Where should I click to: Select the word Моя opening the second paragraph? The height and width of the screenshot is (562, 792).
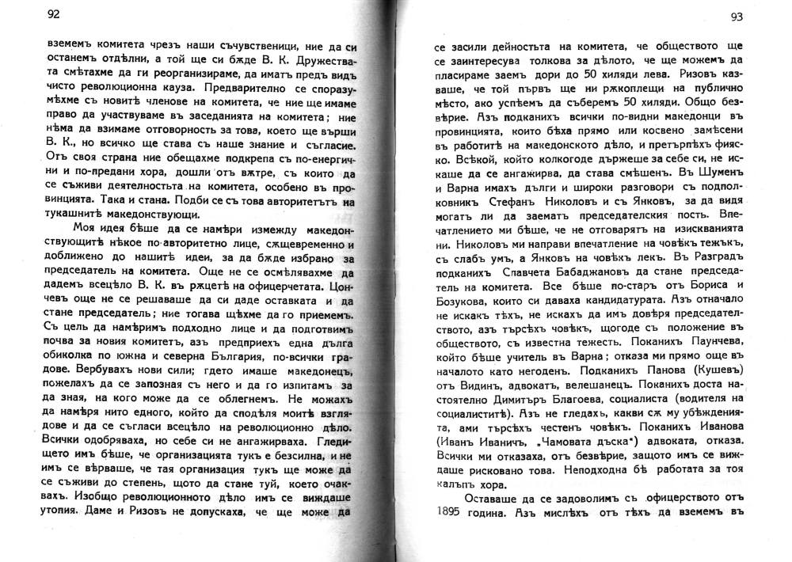click(x=85, y=228)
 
